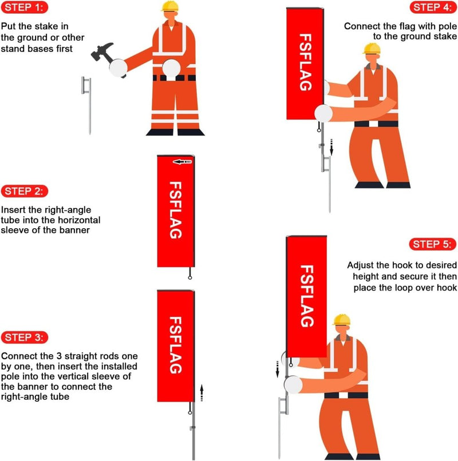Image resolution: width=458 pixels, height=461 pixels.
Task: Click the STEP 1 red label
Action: [x=25, y=8]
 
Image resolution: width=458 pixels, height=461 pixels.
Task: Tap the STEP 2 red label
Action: [x=25, y=191]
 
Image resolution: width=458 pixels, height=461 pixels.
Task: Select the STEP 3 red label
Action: [x=25, y=336]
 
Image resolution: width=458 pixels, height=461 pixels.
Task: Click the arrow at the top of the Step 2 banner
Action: [x=181, y=162]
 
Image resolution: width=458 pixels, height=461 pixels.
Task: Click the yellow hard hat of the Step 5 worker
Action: [x=342, y=319]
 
